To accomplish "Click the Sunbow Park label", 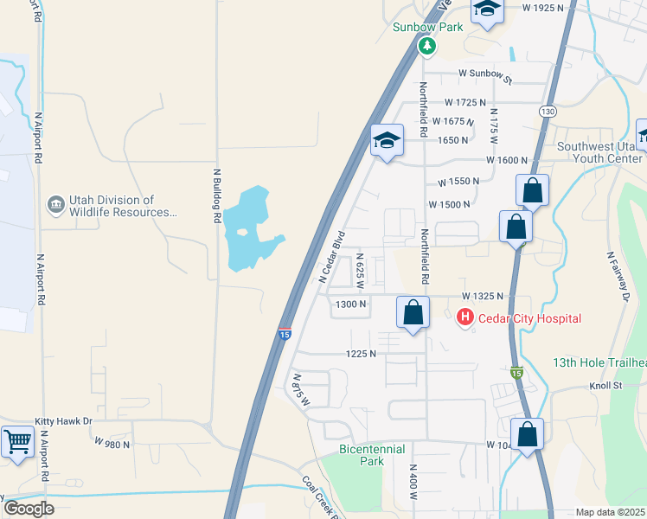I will (427, 27).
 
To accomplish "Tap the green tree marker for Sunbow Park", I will (427, 47).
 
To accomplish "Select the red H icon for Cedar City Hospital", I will (465, 318).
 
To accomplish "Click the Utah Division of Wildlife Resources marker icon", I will (56, 205).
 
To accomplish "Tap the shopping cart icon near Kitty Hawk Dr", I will (17, 441).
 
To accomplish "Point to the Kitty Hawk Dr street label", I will (63, 421).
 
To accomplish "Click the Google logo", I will (29, 509).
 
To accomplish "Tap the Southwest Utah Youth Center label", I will (601, 152).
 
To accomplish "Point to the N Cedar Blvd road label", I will (332, 256).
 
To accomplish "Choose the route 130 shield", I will (547, 112).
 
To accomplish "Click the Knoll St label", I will (605, 385).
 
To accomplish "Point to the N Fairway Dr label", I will (618, 277).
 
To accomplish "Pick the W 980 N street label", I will (112, 444).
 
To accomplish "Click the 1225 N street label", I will (361, 353).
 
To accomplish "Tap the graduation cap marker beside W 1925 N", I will (487, 10).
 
